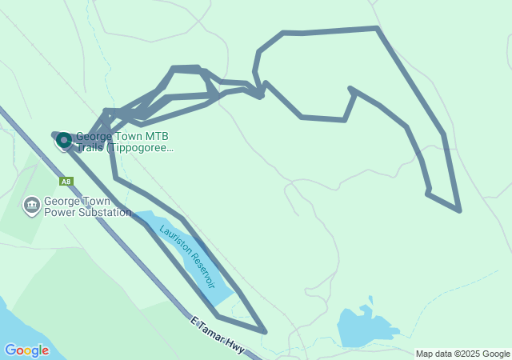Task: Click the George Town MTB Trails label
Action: [x=124, y=142]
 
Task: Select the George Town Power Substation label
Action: [x=87, y=207]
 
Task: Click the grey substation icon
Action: [x=32, y=206]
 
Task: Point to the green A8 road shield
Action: [x=66, y=182]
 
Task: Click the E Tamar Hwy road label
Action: [x=217, y=335]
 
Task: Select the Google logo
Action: [x=26, y=350]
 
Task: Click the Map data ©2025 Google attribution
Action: [x=463, y=354]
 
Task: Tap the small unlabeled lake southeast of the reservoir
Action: [x=364, y=326]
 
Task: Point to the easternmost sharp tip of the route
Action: [x=459, y=211]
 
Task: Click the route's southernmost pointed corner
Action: [x=265, y=330]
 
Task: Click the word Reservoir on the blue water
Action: [x=199, y=268]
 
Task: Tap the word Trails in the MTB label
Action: [x=92, y=147]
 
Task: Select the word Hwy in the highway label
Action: [x=234, y=346]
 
